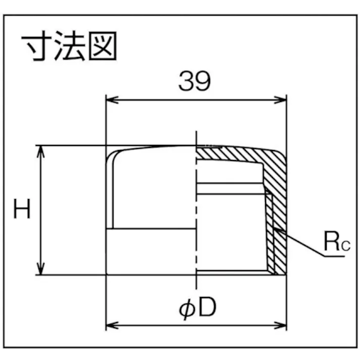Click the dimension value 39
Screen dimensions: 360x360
click(x=194, y=81)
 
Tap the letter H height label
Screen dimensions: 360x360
click(x=22, y=209)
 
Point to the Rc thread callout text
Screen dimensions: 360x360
click(x=337, y=241)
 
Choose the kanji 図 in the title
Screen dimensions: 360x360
click(x=102, y=45)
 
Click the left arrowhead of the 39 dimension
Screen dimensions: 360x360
click(x=112, y=100)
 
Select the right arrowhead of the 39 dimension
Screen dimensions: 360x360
click(x=280, y=100)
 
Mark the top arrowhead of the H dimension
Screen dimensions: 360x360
click(x=40, y=151)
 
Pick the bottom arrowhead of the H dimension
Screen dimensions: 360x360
click(x=40, y=269)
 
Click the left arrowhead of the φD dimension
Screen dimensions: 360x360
click(x=112, y=325)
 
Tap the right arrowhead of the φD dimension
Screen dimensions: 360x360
click(x=280, y=325)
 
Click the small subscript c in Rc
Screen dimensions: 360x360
click(x=346, y=245)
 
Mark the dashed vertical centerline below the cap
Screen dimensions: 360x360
click(x=196, y=282)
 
